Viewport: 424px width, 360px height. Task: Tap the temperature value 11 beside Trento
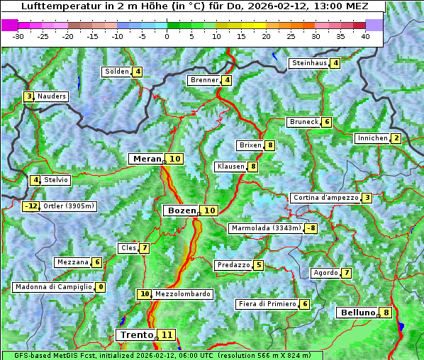(x=167, y=334)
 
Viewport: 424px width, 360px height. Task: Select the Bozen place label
(x=181, y=210)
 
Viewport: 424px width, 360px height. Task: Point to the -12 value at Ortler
(x=31, y=206)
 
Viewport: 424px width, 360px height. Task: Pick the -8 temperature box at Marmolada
(x=311, y=228)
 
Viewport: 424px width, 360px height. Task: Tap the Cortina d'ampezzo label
(x=325, y=198)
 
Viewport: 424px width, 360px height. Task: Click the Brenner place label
(x=204, y=80)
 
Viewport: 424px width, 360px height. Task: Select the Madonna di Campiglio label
(x=53, y=287)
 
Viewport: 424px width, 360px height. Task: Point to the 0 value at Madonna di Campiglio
(x=101, y=287)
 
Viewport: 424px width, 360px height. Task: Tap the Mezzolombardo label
(x=182, y=293)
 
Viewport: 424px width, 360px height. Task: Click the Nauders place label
(x=52, y=96)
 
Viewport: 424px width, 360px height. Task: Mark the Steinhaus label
(x=309, y=63)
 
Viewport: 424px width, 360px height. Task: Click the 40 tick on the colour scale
(x=365, y=35)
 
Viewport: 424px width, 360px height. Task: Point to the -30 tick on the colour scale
(x=18, y=35)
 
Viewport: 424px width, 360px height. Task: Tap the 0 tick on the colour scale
(x=167, y=35)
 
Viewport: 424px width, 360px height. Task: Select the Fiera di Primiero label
(x=267, y=304)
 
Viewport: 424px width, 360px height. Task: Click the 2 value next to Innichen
(x=396, y=138)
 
